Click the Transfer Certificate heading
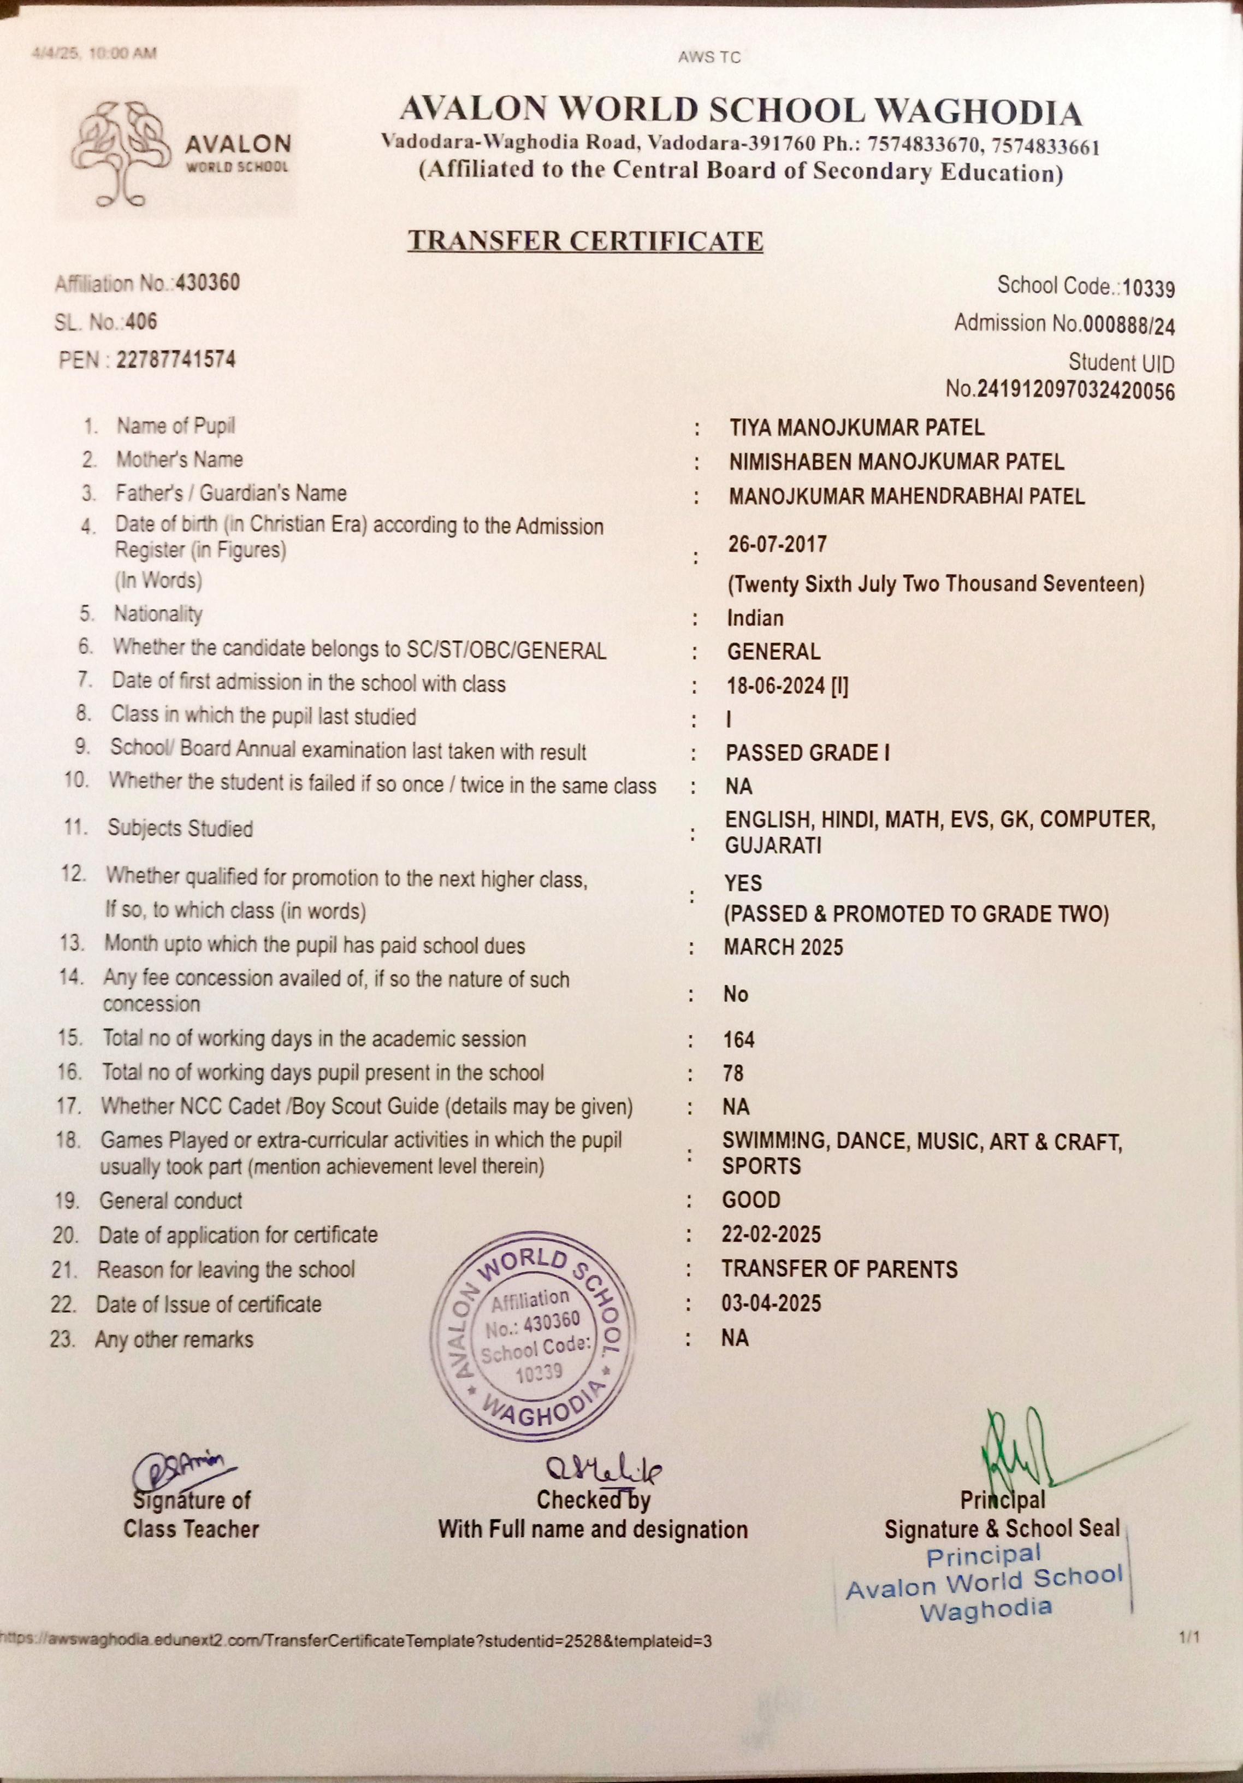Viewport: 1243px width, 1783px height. coord(585,241)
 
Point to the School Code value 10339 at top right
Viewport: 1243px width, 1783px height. coord(1149,289)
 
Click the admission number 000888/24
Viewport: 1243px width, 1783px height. coord(1129,326)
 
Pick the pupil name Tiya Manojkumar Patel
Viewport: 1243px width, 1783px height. coord(856,427)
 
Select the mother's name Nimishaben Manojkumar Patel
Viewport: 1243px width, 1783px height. coord(896,462)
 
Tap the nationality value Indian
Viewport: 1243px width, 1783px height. coord(755,618)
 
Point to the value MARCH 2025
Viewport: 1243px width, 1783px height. coord(783,947)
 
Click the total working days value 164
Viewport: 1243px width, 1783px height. coord(738,1040)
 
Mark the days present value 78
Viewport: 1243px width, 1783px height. coord(733,1073)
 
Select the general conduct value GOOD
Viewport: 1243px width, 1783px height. coord(751,1200)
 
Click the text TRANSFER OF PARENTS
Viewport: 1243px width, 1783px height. coord(839,1269)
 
